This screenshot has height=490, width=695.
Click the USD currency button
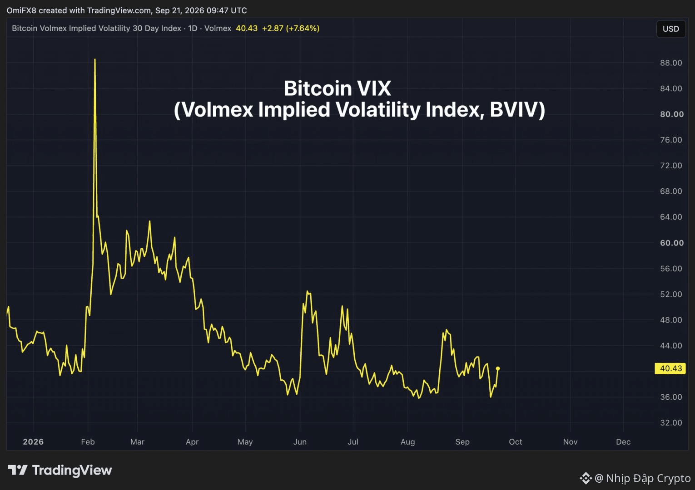point(671,29)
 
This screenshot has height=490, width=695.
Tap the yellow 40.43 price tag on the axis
point(670,368)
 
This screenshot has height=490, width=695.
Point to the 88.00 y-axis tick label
point(671,63)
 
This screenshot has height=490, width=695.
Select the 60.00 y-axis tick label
point(672,243)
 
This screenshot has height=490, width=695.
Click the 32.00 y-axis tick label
point(671,422)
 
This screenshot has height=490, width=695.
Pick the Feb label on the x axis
point(88,441)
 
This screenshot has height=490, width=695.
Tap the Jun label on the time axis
point(300,441)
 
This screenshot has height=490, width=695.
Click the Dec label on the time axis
point(623,441)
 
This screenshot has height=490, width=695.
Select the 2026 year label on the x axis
point(33,441)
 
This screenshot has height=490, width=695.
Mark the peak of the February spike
point(95,59)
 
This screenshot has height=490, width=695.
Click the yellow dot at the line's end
point(498,368)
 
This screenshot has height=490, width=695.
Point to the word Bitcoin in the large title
point(318,88)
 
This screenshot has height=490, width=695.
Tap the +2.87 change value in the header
point(273,28)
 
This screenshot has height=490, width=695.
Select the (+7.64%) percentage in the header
point(303,28)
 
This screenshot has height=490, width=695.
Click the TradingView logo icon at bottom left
point(17,470)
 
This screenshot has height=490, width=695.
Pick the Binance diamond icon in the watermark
point(586,478)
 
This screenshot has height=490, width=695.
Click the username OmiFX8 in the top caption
point(21,10)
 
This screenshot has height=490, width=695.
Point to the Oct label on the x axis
point(516,441)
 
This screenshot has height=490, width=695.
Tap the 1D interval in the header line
point(193,28)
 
